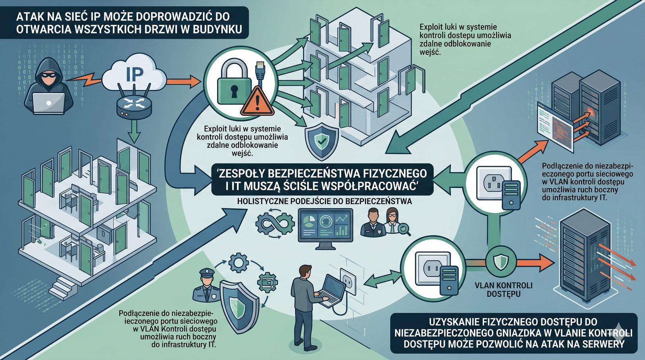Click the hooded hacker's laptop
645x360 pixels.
coord(48,103)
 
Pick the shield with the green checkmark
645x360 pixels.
coord(321,140)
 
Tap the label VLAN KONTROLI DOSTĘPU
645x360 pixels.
coord(504,289)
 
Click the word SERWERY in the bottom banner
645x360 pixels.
coord(601,344)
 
